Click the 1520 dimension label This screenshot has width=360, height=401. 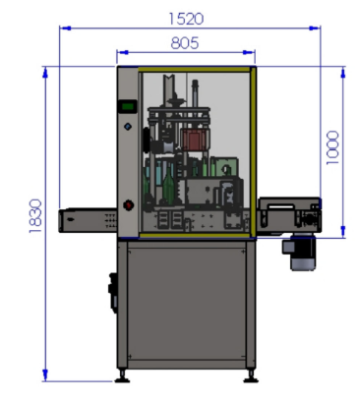(186, 19)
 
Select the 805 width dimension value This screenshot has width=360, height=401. (185, 43)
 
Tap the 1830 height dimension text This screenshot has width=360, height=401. (35, 216)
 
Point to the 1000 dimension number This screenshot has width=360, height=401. (332, 147)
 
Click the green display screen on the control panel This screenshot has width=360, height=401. (128, 106)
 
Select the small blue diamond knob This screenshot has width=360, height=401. (128, 127)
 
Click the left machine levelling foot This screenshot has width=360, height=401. (122, 376)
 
